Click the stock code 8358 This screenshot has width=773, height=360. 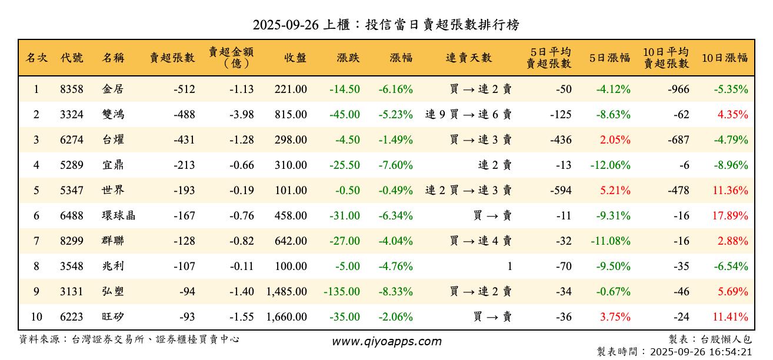[x=71, y=89]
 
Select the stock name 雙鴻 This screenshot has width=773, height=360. [x=113, y=115]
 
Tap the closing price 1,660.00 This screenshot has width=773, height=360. [x=286, y=317]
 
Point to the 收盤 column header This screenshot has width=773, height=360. [x=295, y=58]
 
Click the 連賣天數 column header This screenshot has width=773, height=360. [x=468, y=58]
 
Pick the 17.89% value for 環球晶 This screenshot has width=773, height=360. [x=730, y=216]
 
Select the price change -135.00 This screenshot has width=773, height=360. [x=342, y=292]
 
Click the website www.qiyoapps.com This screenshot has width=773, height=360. [x=386, y=341]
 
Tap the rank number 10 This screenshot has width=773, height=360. [x=36, y=317]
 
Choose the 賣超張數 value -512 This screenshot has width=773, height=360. [x=184, y=89]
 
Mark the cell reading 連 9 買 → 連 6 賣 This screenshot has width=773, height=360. [x=468, y=115]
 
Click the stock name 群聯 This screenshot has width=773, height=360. [x=113, y=241]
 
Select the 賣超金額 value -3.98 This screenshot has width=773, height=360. [x=241, y=115]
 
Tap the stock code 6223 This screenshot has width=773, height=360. [x=71, y=317]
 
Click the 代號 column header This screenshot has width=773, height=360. [x=71, y=58]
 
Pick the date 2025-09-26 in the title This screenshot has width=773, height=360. [x=285, y=25]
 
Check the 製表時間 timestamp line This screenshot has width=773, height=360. [x=674, y=352]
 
